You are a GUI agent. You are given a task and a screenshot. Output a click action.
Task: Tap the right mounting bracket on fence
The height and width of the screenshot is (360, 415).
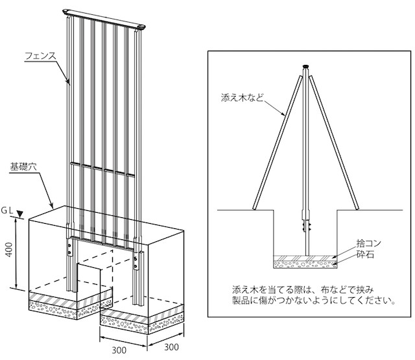pos(136,260)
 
